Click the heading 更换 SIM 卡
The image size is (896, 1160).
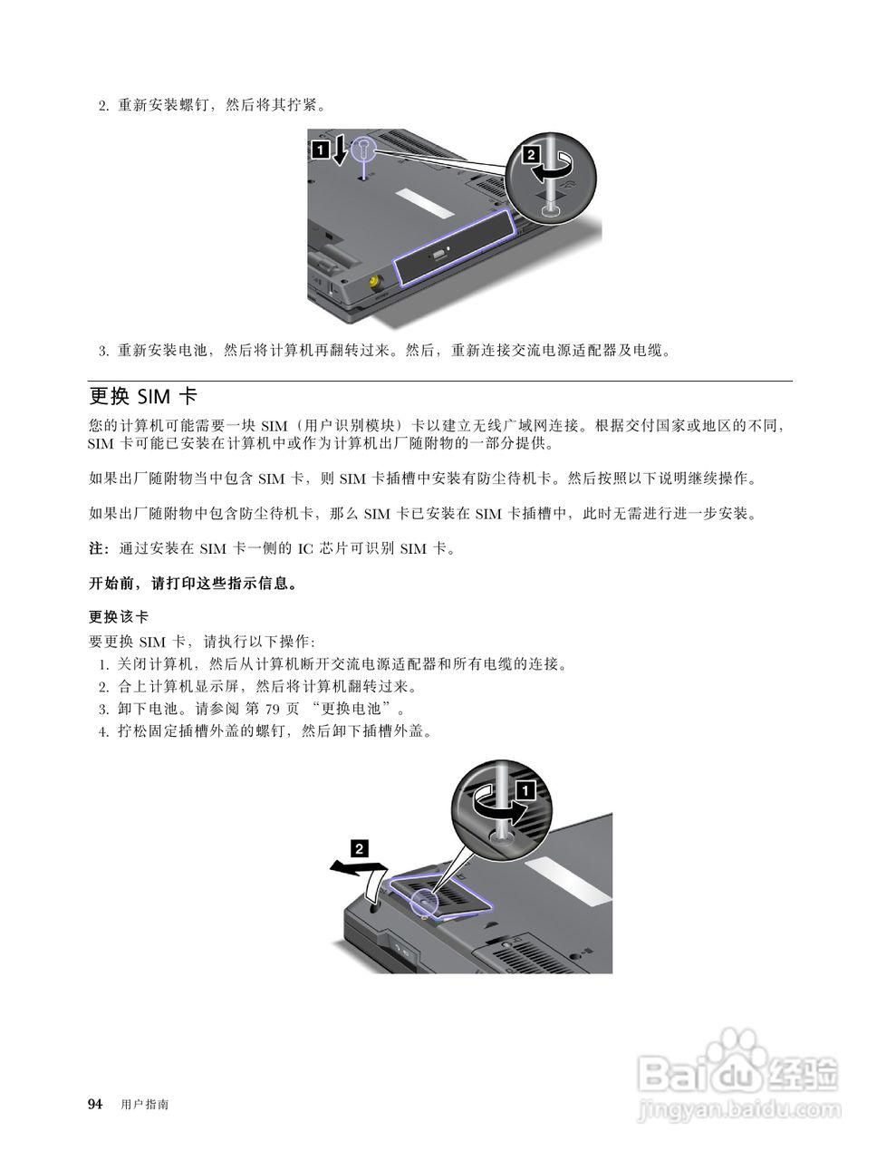coord(143,397)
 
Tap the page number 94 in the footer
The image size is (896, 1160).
coord(95,1104)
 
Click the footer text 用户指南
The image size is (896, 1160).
coord(144,1105)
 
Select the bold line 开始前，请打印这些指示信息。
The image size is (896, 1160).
coord(193,584)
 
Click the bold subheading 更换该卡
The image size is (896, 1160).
coord(118,617)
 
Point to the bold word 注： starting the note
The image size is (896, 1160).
coord(98,549)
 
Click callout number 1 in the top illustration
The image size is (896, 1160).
coord(320,150)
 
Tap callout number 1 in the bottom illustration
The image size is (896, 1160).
coord(525,789)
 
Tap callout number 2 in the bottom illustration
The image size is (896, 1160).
coord(359,849)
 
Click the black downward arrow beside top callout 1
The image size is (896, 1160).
coord(340,150)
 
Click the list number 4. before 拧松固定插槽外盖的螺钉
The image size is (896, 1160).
coord(104,731)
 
